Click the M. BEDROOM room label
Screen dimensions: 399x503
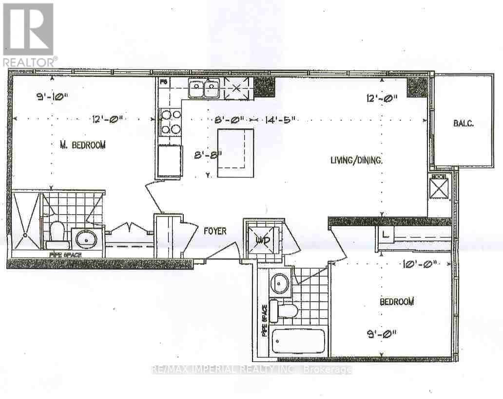[82, 145]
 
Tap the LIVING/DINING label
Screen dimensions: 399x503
[356, 159]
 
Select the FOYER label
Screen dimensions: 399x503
[215, 231]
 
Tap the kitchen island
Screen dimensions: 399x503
[235, 153]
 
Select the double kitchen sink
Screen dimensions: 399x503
[204, 89]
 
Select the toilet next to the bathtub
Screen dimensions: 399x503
[284, 310]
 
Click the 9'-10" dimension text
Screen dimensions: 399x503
[52, 96]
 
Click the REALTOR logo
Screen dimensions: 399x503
[28, 34]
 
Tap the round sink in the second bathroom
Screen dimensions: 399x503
[280, 283]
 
